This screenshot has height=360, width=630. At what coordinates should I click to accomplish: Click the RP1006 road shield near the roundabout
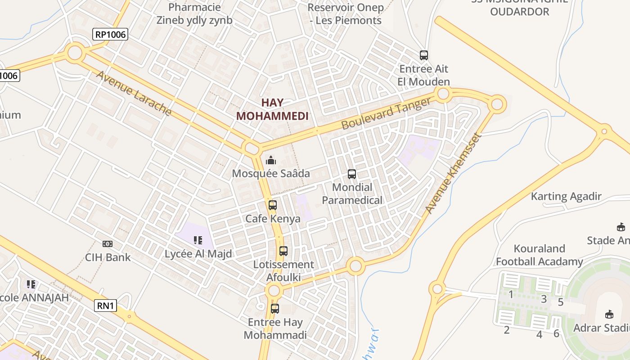[110, 34]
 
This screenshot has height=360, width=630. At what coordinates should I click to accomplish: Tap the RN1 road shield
[106, 306]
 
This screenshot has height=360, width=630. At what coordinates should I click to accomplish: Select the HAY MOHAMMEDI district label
[272, 109]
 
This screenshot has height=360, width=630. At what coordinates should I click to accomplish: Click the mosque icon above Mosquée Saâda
[271, 160]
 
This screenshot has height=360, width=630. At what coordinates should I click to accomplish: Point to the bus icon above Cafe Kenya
[273, 205]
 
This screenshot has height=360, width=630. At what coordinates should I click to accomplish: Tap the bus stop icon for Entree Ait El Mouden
[424, 55]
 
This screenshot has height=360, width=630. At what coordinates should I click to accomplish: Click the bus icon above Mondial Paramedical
[352, 174]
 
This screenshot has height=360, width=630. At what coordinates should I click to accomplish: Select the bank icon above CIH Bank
[108, 244]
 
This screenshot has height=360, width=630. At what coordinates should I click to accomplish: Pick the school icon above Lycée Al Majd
[198, 241]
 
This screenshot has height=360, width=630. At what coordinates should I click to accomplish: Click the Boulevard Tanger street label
[386, 114]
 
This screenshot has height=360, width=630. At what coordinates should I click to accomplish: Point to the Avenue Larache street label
[134, 94]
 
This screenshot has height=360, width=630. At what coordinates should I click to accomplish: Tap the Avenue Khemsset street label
[453, 174]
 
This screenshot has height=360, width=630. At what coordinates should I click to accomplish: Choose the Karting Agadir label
[566, 196]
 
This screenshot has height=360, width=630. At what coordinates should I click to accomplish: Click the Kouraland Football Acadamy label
[540, 255]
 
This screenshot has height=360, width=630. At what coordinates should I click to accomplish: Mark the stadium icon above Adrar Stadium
[609, 314]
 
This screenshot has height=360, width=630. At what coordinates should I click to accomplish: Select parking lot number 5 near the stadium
[560, 302]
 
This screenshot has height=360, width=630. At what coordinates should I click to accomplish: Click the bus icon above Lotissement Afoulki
[283, 251]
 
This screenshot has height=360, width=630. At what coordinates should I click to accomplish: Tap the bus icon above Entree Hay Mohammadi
[275, 309]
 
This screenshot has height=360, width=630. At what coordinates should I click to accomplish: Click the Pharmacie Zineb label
[194, 13]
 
